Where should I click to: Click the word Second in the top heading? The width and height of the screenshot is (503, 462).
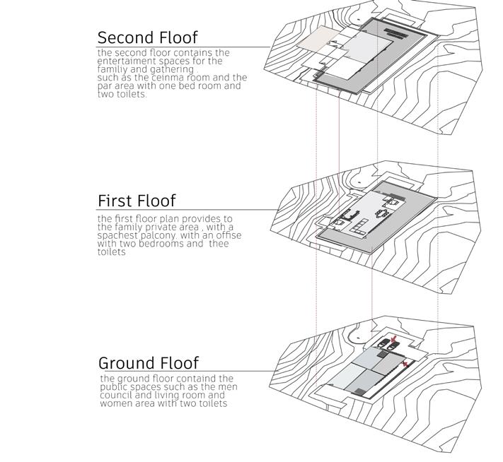pos(123,37)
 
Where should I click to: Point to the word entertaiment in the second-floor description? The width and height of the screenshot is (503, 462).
pos(127,61)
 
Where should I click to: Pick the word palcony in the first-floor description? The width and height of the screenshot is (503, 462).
pos(145,235)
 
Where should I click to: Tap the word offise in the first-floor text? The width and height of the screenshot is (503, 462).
pos(227,235)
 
